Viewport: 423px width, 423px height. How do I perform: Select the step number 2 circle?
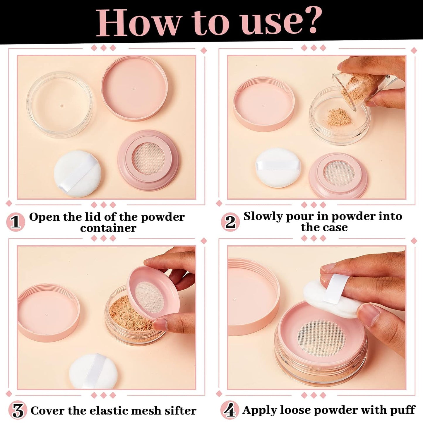(x=230, y=222)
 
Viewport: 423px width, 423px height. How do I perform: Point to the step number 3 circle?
(x=18, y=410)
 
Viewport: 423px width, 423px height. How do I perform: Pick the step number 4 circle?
(x=230, y=410)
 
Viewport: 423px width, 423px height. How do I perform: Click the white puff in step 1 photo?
(x=78, y=174)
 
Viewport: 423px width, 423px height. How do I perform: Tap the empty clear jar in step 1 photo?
(x=59, y=104)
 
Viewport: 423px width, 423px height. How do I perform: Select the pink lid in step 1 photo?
(x=135, y=88)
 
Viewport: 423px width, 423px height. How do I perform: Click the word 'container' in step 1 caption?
(x=108, y=228)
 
